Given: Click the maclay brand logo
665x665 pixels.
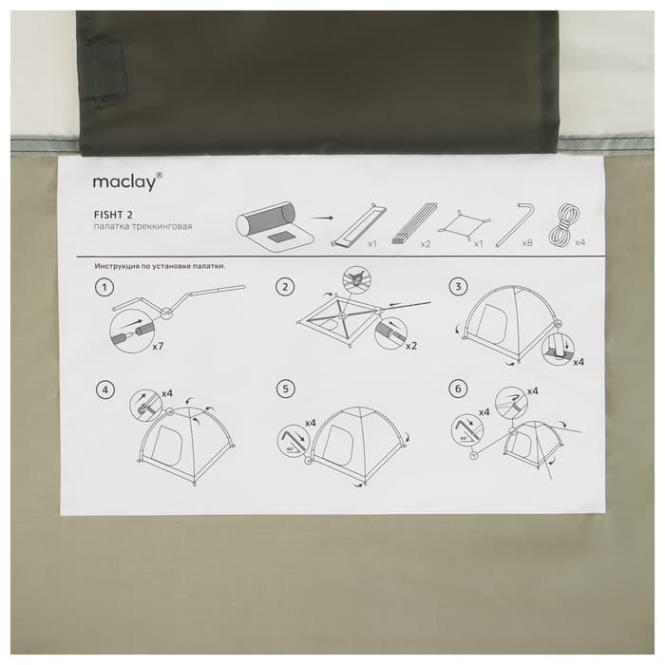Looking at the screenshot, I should tap(127, 180).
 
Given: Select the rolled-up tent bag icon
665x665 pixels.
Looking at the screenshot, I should tap(272, 228).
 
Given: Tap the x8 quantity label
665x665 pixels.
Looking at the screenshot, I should tap(528, 244).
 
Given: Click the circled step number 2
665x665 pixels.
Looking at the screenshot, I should tap(283, 287).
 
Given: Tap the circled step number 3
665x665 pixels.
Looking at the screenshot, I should tap(461, 287).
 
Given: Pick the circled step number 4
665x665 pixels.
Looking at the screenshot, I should tap(105, 389).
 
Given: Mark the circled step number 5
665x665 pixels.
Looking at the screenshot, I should tap(283, 389).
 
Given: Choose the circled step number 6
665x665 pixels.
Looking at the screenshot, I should tap(461, 389).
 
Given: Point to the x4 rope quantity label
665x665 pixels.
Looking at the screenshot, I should tap(579, 244).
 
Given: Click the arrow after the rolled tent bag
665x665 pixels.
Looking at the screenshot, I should tap(324, 218).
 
